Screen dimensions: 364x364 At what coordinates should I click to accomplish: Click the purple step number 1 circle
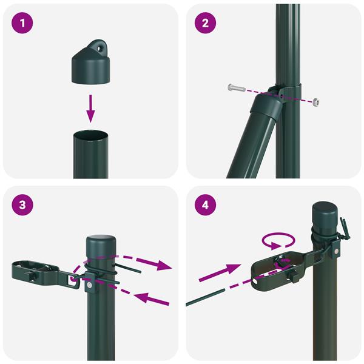22,23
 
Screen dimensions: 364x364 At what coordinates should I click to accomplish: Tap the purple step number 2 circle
205,23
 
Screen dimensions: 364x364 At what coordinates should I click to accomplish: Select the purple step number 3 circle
22,205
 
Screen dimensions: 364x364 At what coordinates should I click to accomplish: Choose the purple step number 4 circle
205,205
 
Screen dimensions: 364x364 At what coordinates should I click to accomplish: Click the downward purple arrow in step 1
90,109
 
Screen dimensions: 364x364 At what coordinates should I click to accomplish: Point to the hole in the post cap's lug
100,49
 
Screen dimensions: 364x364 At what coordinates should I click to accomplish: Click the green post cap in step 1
90,61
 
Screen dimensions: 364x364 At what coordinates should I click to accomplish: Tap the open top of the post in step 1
90,135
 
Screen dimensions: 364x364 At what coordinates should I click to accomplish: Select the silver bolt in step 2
236,87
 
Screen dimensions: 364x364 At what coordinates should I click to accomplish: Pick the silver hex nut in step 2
315,102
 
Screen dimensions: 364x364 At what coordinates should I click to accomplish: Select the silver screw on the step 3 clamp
89,285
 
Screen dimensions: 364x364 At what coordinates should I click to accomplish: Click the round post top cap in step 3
101,248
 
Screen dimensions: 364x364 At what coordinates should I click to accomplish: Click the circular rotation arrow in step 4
278,241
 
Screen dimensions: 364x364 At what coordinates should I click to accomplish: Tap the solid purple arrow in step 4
220,272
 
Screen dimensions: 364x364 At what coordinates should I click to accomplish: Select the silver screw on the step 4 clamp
336,251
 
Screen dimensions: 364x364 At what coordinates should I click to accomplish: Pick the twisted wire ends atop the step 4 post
345,229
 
